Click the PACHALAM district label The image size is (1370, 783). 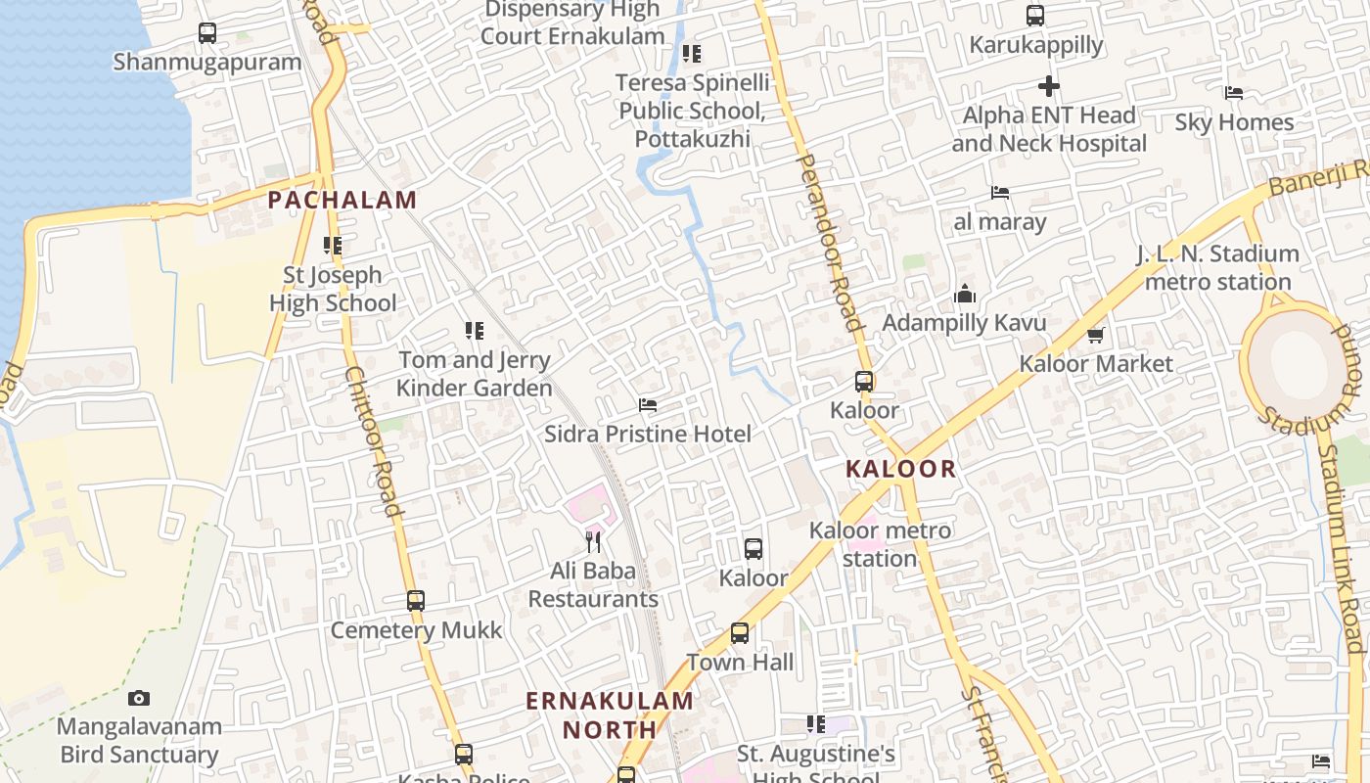[342, 201]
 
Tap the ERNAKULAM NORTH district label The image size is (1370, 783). [610, 715]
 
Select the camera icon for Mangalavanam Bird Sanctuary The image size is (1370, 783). [139, 698]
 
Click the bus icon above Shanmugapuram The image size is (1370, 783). [207, 33]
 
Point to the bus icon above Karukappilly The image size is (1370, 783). [1035, 16]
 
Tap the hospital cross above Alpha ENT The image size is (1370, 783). [1049, 86]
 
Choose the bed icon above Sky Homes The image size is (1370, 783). [1234, 93]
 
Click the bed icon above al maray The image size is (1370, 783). [999, 193]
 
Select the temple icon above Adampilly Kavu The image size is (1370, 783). [965, 294]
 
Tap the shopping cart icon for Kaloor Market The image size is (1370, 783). [1095, 336]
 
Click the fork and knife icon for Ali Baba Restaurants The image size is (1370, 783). [593, 541]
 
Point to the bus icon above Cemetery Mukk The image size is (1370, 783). [416, 600]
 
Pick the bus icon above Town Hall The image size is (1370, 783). [740, 633]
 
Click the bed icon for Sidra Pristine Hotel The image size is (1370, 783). [647, 405]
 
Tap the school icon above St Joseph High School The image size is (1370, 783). [333, 246]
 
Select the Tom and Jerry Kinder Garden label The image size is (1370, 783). [475, 374]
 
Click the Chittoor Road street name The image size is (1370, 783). [375, 440]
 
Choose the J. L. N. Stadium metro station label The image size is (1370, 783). [1217, 267]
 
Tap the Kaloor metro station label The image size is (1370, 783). [880, 544]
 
